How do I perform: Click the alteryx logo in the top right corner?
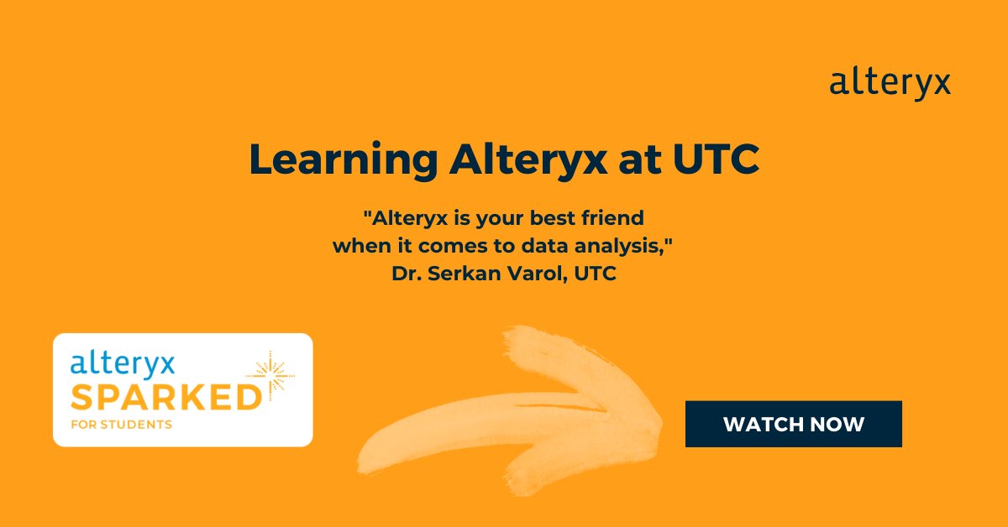pyautogui.click(x=890, y=85)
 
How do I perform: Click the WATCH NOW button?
pyautogui.click(x=793, y=424)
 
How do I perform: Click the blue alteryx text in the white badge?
pyautogui.click(x=123, y=364)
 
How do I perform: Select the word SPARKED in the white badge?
pyautogui.click(x=165, y=396)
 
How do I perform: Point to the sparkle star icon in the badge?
pyautogui.click(x=270, y=375)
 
